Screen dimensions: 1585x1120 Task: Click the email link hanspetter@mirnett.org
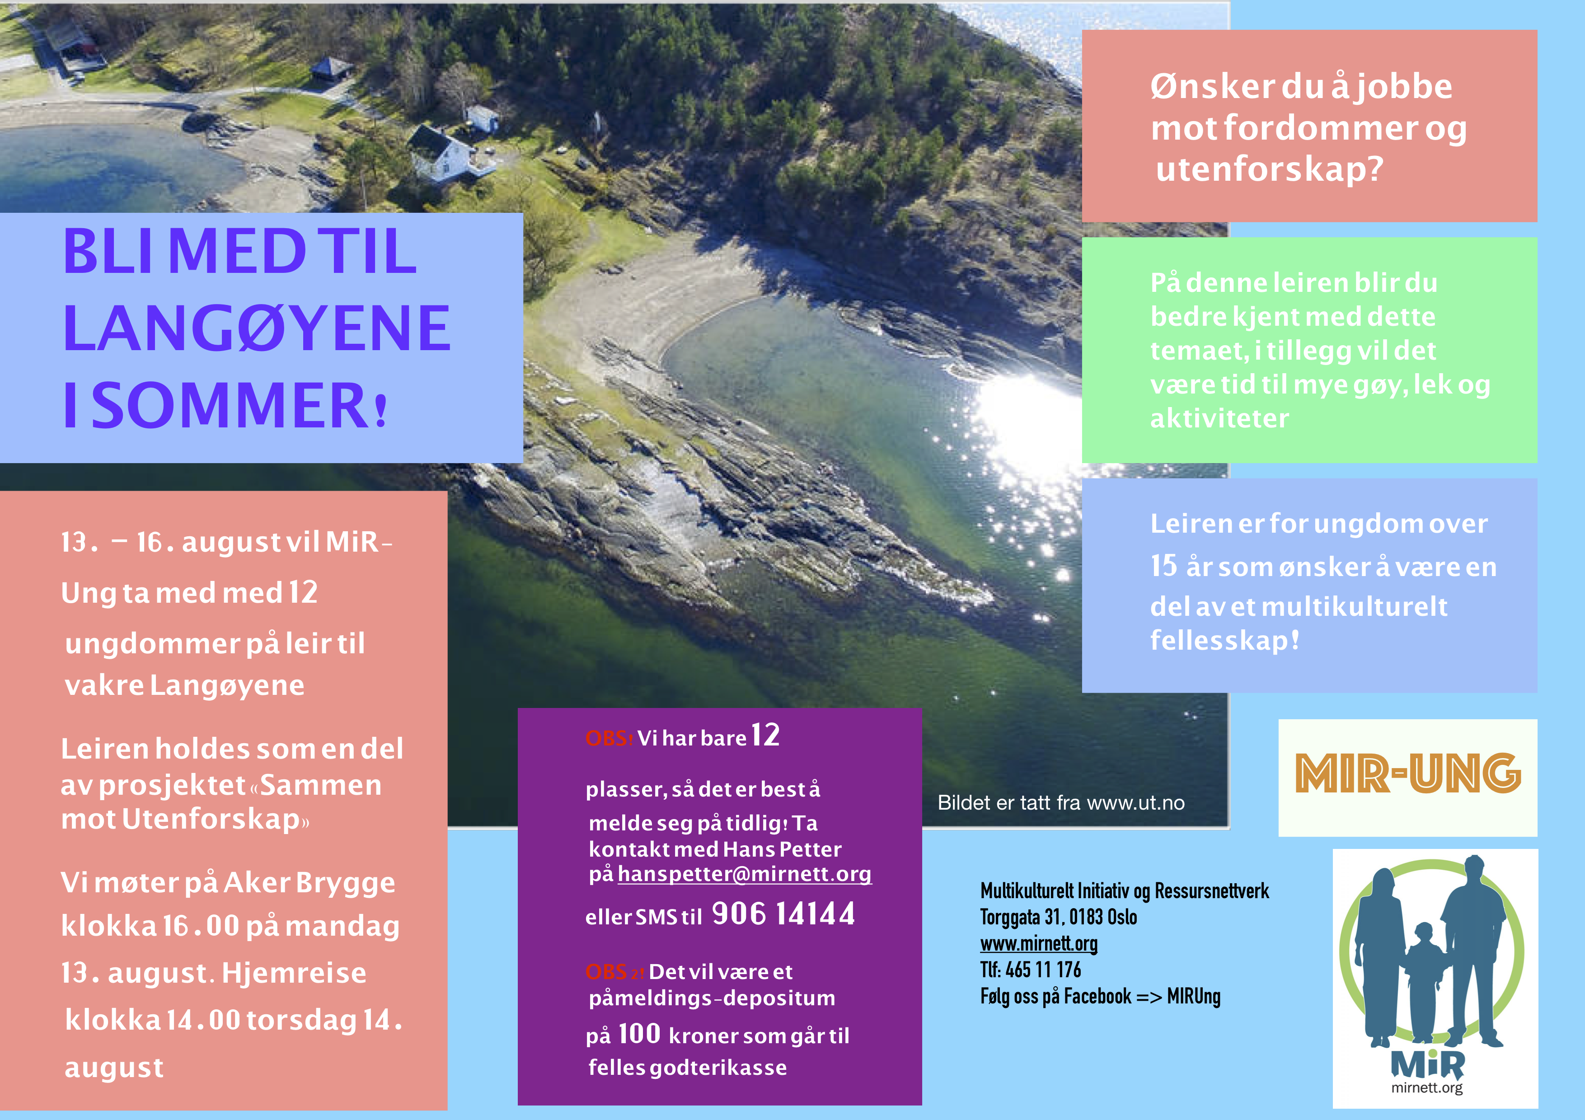pos(744,874)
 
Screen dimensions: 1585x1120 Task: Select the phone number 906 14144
pos(783,914)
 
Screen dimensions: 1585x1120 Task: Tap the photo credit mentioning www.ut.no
pos(1061,802)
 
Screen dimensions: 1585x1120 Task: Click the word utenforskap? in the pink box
pos(1270,169)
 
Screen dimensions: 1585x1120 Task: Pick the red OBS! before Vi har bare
pos(609,738)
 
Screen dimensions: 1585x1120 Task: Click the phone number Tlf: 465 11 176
pos(1031,970)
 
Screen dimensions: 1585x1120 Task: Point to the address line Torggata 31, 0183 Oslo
pos(1058,917)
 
